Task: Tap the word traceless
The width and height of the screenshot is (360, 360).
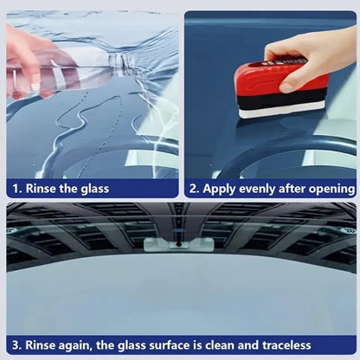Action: pos(286,345)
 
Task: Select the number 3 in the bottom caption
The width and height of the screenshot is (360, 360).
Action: pos(16,345)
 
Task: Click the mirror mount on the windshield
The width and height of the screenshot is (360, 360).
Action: pos(179,245)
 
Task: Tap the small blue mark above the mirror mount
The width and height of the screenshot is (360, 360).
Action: pos(179,230)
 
